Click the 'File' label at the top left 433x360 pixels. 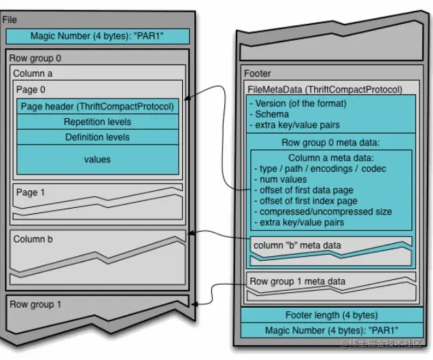coord(10,20)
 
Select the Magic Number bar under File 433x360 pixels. coord(98,36)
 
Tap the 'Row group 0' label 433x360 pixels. coord(35,58)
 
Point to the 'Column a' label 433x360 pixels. coord(33,73)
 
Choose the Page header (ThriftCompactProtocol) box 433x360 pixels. coord(98,106)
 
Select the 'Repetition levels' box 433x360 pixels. coord(98,122)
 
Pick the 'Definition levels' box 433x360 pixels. coord(98,137)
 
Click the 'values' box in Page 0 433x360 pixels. coord(98,160)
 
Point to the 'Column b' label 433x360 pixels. coord(33,239)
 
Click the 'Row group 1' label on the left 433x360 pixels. coord(35,304)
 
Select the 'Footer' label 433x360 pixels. coord(258,73)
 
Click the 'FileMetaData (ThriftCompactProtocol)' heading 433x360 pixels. coord(326,89)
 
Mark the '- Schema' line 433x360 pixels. coord(271,114)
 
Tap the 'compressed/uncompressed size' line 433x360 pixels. coord(322,211)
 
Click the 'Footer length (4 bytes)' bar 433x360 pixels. coord(331,315)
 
